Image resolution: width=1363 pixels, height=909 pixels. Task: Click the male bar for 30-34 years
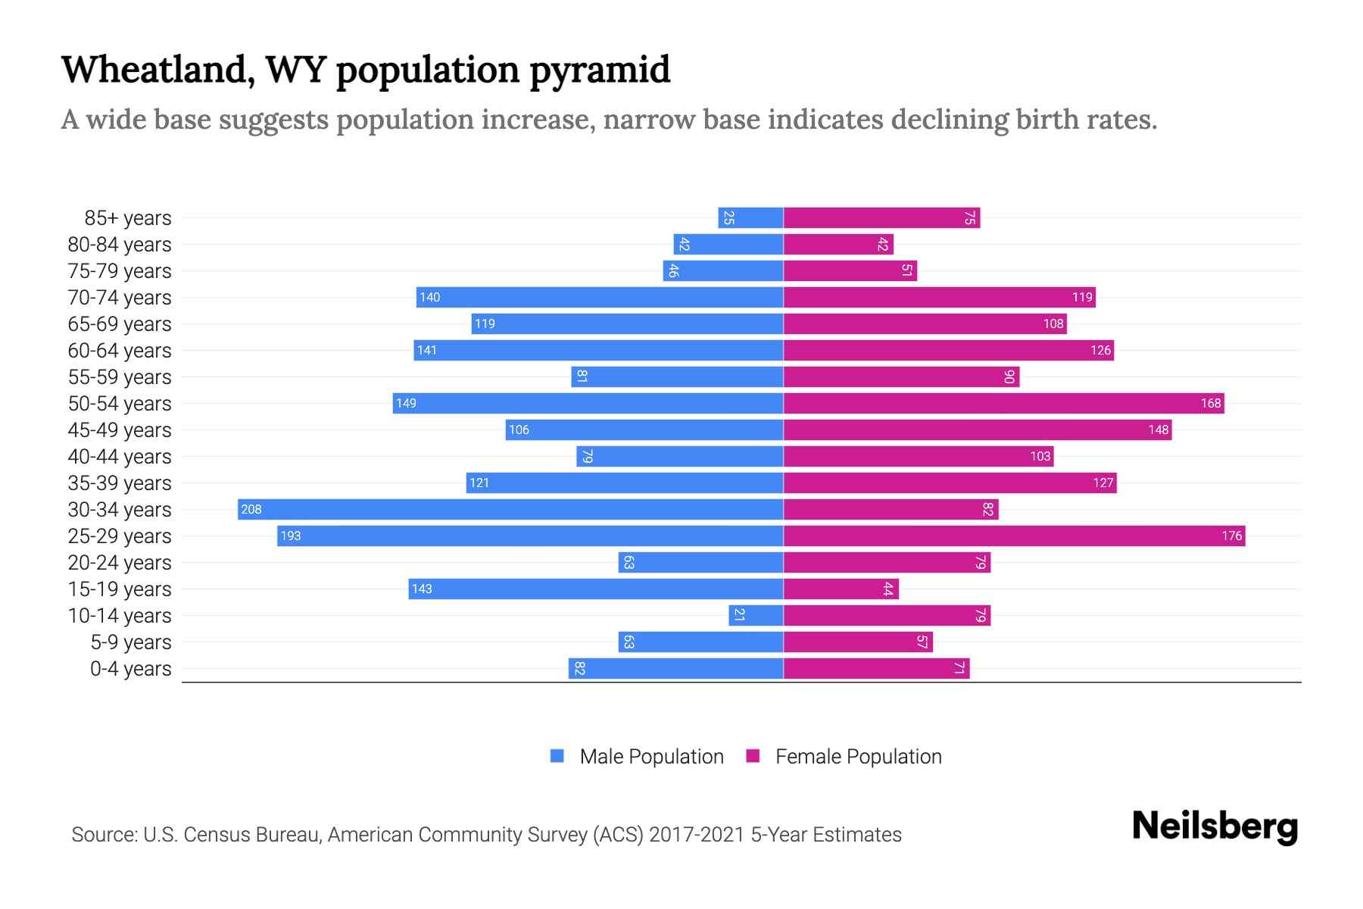click(x=510, y=510)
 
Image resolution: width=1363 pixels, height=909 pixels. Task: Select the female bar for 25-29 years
click(x=1014, y=536)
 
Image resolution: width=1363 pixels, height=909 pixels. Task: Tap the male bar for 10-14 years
click(x=756, y=616)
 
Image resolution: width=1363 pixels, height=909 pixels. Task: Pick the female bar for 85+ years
click(x=881, y=218)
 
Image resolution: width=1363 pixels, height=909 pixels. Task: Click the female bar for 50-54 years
click(x=1003, y=404)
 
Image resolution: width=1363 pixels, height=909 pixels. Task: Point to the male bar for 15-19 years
click(x=595, y=589)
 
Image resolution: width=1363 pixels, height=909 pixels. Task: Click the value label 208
click(x=251, y=510)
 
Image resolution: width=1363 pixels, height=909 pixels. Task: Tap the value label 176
click(x=1231, y=536)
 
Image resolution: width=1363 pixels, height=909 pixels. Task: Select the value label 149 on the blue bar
click(x=406, y=404)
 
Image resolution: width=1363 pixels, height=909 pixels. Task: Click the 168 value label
click(x=1210, y=404)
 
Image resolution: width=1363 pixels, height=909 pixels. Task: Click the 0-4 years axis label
click(x=130, y=669)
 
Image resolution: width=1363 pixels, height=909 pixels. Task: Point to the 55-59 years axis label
click(x=120, y=377)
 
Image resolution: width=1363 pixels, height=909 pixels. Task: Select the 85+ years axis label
click(x=127, y=218)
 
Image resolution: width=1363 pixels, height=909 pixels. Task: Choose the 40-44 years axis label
click(x=120, y=457)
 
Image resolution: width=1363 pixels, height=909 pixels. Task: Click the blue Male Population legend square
click(x=557, y=756)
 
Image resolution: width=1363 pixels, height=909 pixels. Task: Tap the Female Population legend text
click(x=858, y=757)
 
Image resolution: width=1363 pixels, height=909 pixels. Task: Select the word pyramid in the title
click(x=599, y=71)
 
